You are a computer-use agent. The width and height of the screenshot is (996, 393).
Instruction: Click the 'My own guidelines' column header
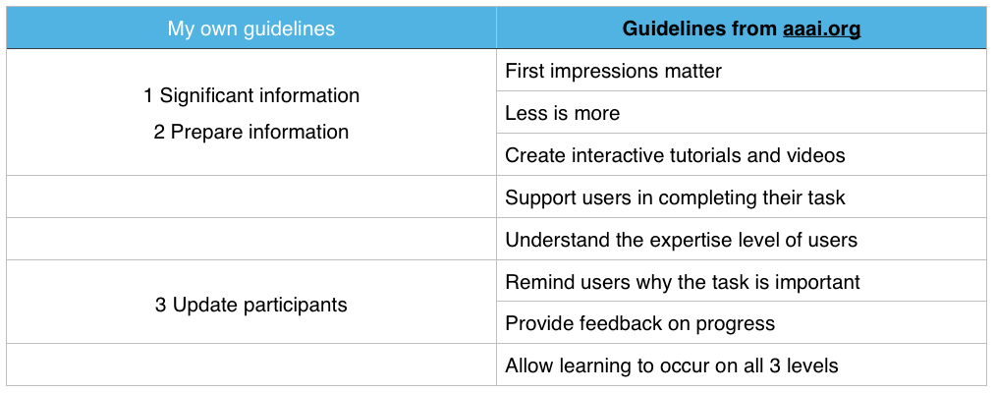point(250,28)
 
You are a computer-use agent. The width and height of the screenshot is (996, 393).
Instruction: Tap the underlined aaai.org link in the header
point(821,28)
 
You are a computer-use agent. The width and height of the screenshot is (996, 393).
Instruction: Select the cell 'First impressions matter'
point(614,71)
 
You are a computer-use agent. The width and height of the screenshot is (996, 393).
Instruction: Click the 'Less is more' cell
point(562,113)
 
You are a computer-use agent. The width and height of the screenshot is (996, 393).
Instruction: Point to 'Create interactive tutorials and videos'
point(675,155)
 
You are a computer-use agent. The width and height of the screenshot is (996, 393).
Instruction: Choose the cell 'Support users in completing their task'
point(675,197)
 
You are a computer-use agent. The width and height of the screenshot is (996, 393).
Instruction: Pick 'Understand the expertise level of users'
point(681,240)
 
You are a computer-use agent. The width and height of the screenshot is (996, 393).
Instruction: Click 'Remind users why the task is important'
point(683,281)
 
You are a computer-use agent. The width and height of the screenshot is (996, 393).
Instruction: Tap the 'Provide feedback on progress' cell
point(639,323)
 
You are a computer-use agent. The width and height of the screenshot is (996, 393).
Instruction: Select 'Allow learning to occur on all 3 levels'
point(672,365)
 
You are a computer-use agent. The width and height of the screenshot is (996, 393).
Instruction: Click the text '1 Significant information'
point(251,95)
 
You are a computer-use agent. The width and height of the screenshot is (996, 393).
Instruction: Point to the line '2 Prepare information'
point(250,132)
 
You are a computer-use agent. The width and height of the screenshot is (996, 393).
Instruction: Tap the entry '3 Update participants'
point(250,305)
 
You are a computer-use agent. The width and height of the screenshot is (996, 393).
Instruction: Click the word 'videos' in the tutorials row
point(815,155)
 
